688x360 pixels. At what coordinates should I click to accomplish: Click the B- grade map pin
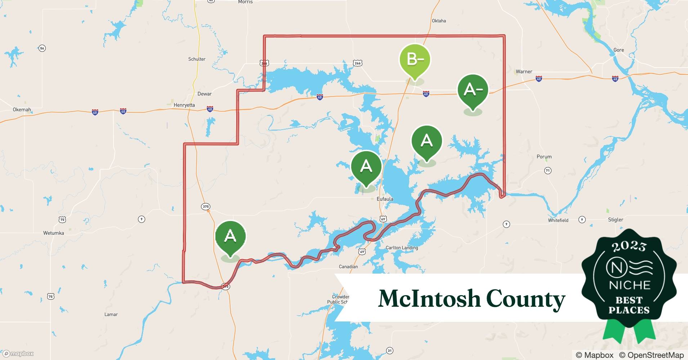click(415, 59)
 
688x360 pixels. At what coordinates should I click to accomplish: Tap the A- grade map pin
click(473, 90)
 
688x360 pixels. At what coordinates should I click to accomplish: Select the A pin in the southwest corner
click(230, 237)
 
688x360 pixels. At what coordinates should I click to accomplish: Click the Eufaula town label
click(385, 199)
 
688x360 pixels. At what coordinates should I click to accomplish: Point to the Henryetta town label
click(184, 105)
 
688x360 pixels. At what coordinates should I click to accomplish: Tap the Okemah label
click(22, 109)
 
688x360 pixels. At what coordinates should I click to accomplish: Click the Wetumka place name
click(54, 233)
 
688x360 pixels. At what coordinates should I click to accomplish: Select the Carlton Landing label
click(402, 248)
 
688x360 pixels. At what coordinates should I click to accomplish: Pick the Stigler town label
click(615, 220)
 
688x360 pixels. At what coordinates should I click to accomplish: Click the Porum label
click(544, 157)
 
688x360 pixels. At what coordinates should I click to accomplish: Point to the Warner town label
click(524, 72)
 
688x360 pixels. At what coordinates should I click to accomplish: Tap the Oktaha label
click(439, 21)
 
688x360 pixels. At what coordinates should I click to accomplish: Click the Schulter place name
click(197, 59)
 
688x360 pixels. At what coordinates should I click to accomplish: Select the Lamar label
click(111, 314)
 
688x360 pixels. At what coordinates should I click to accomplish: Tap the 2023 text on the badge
click(629, 246)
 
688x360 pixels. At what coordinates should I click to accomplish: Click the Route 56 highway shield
click(43, 48)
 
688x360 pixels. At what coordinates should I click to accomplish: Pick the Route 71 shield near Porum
click(548, 170)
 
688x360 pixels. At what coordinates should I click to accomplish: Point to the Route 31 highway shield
click(389, 350)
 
